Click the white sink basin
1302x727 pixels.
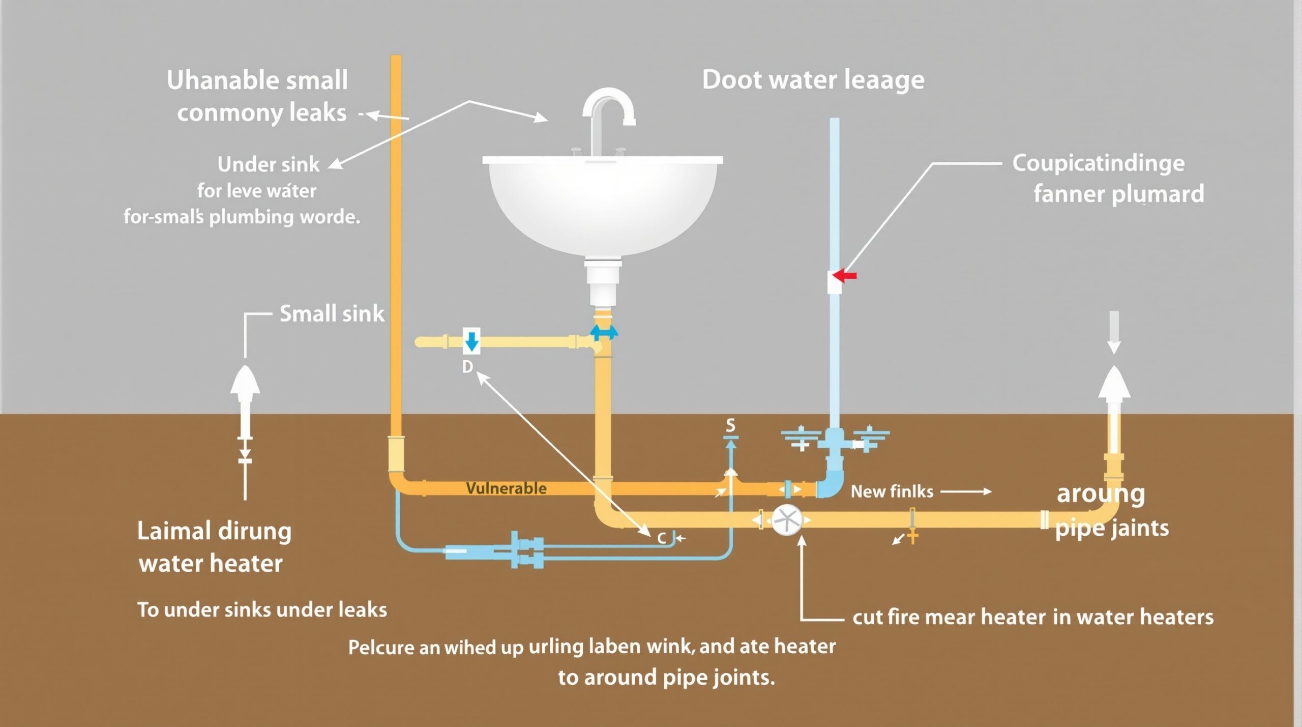[x=603, y=203]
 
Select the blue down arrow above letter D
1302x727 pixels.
[x=472, y=340]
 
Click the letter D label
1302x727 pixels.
[x=467, y=367]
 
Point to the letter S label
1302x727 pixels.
[x=730, y=425]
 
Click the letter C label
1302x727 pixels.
[x=662, y=538]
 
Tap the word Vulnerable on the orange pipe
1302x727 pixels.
[x=506, y=488]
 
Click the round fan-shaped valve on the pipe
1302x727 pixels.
[x=786, y=520]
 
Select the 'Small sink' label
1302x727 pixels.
[x=332, y=313]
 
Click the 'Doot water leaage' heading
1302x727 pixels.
[x=813, y=80]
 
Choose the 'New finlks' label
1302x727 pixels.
[x=892, y=491]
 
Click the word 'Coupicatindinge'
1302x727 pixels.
[x=1098, y=163]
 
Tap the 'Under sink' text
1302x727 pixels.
[x=268, y=164]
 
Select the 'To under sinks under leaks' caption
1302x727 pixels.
[x=262, y=609]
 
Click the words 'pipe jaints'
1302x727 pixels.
[x=1112, y=528]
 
